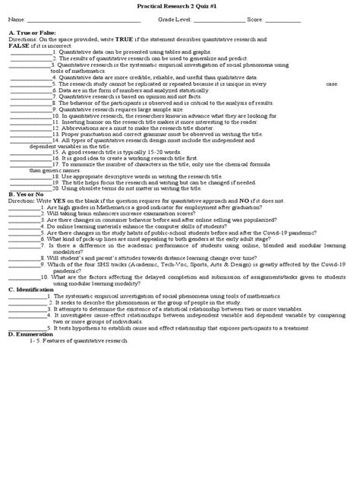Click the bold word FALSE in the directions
(x=19, y=46)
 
